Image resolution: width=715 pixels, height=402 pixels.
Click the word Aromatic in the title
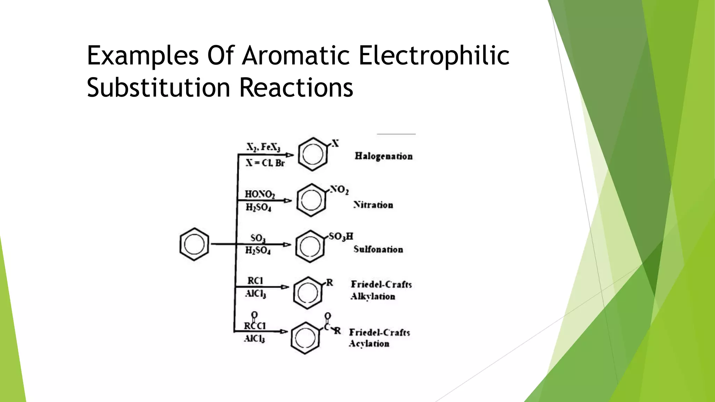click(296, 56)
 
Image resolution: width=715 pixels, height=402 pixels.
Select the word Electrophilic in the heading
click(434, 56)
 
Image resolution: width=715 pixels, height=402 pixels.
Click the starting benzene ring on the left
click(194, 244)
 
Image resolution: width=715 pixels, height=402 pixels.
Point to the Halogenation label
click(383, 156)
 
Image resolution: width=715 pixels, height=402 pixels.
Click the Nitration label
click(373, 204)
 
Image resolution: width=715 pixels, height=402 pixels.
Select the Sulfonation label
click(378, 249)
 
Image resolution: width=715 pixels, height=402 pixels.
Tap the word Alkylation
click(373, 297)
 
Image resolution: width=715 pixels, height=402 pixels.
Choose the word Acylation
click(369, 344)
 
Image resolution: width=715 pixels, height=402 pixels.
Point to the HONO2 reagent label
click(260, 194)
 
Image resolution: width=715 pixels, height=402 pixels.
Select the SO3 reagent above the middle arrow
click(258, 238)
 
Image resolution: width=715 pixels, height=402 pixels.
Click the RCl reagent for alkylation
click(255, 281)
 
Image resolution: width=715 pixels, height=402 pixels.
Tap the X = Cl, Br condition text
click(265, 163)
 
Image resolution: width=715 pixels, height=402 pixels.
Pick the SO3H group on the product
click(341, 237)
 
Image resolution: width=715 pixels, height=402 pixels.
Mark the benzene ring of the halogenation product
click(312, 154)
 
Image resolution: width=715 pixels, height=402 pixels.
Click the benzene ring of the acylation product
click(305, 338)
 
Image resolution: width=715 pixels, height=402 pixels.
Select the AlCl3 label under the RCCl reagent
click(255, 338)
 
